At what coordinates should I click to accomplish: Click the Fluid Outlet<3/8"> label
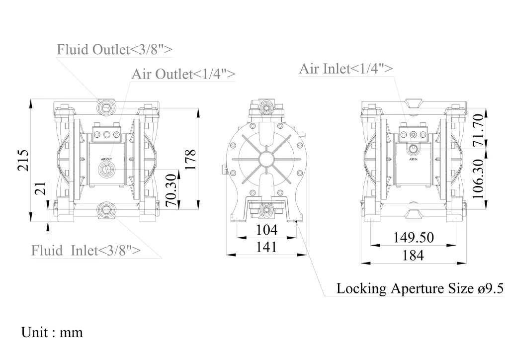pos(115,50)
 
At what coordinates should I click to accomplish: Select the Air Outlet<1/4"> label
pos(183,74)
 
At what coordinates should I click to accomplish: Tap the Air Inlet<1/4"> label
pos(346,69)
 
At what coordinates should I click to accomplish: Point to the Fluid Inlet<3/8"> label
pos(85,250)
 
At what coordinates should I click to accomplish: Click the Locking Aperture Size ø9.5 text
pos(420,288)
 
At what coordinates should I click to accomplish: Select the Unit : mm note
pos(52,332)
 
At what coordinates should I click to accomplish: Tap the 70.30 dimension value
pos(170,190)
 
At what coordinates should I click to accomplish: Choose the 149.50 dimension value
pos(414,238)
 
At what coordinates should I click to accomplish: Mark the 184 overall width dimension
pos(413,255)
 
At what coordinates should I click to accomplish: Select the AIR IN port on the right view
pos(414,149)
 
